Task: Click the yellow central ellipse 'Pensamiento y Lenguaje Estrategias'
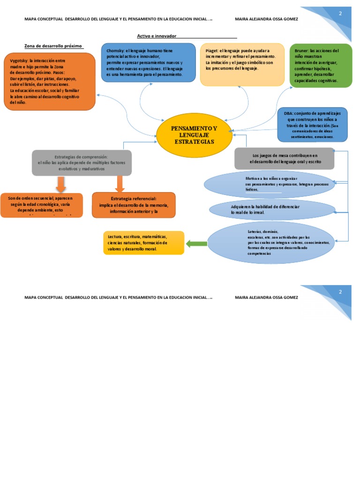point(194,135)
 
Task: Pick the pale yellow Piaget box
point(242,65)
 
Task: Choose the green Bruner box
point(321,66)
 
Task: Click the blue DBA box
point(313,125)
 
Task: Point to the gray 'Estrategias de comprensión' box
point(82,163)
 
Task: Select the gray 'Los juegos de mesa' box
point(285,158)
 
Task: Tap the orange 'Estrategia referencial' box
point(134,205)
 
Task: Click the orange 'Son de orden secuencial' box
point(41,205)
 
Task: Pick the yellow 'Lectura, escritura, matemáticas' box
point(143,243)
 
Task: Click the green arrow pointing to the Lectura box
point(196,244)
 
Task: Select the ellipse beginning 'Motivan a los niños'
point(270,184)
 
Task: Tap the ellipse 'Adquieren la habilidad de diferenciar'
point(272,210)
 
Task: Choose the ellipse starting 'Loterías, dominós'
point(271,243)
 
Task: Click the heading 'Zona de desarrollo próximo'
point(53,46)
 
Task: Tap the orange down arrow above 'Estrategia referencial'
point(120,184)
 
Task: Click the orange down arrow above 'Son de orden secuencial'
point(60,184)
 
